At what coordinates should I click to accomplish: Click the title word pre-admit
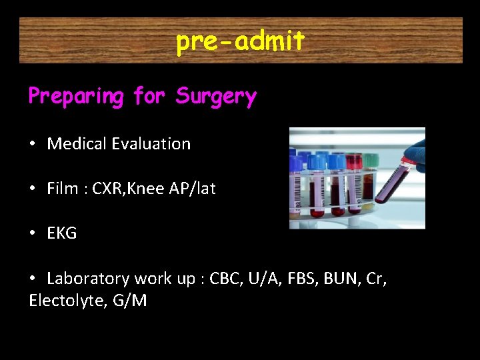[240, 41]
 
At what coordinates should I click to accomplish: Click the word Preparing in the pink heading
[75, 97]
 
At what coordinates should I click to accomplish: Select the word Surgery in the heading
[216, 97]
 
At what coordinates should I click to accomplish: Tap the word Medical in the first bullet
[77, 143]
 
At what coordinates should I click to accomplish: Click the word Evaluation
[151, 143]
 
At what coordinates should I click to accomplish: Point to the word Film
[62, 189]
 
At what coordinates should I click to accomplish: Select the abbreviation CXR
[107, 189]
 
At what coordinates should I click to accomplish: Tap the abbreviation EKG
[62, 233]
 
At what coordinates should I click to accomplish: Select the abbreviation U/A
[264, 278]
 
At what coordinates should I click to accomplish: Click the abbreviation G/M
[130, 301]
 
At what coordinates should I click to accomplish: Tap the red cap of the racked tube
[353, 161]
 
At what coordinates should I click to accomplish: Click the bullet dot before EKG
[33, 233]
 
